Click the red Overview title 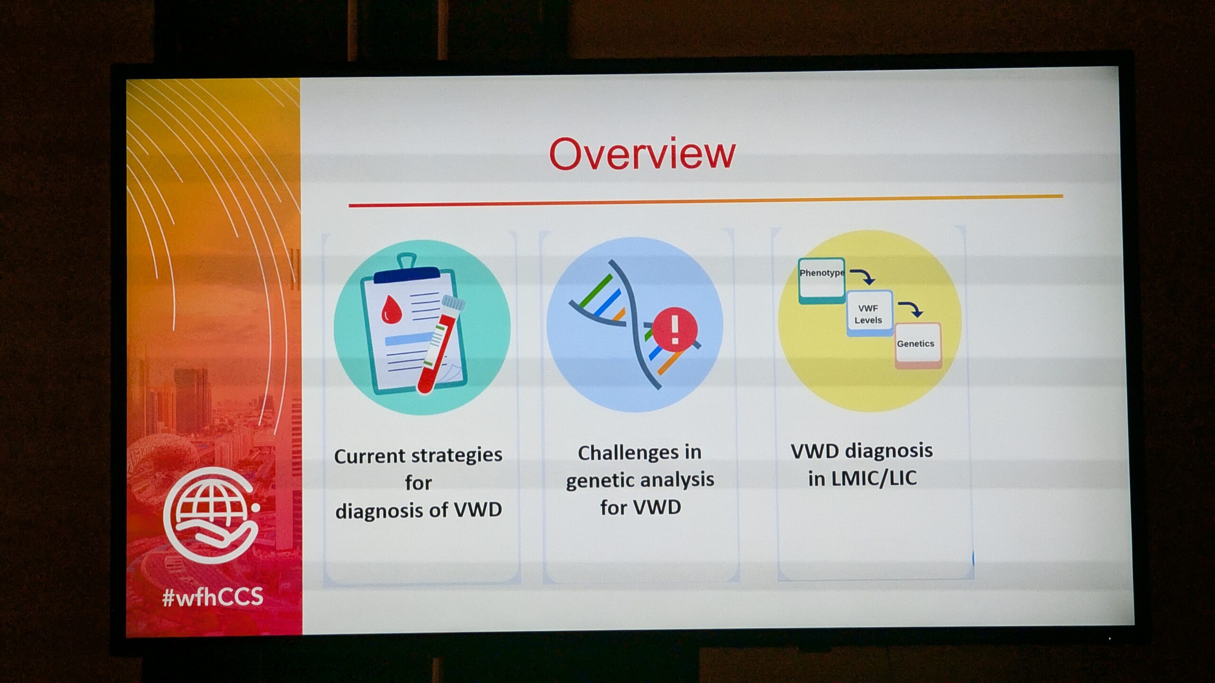pos(642,154)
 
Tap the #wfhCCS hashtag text pos(212,597)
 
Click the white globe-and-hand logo pos(212,515)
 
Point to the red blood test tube pos(441,344)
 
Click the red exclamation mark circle pos(675,329)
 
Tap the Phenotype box pos(822,280)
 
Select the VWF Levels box pos(869,314)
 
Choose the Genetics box pos(918,345)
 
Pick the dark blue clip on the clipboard pos(407,272)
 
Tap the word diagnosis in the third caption pos(895,451)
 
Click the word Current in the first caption pos(369,456)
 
